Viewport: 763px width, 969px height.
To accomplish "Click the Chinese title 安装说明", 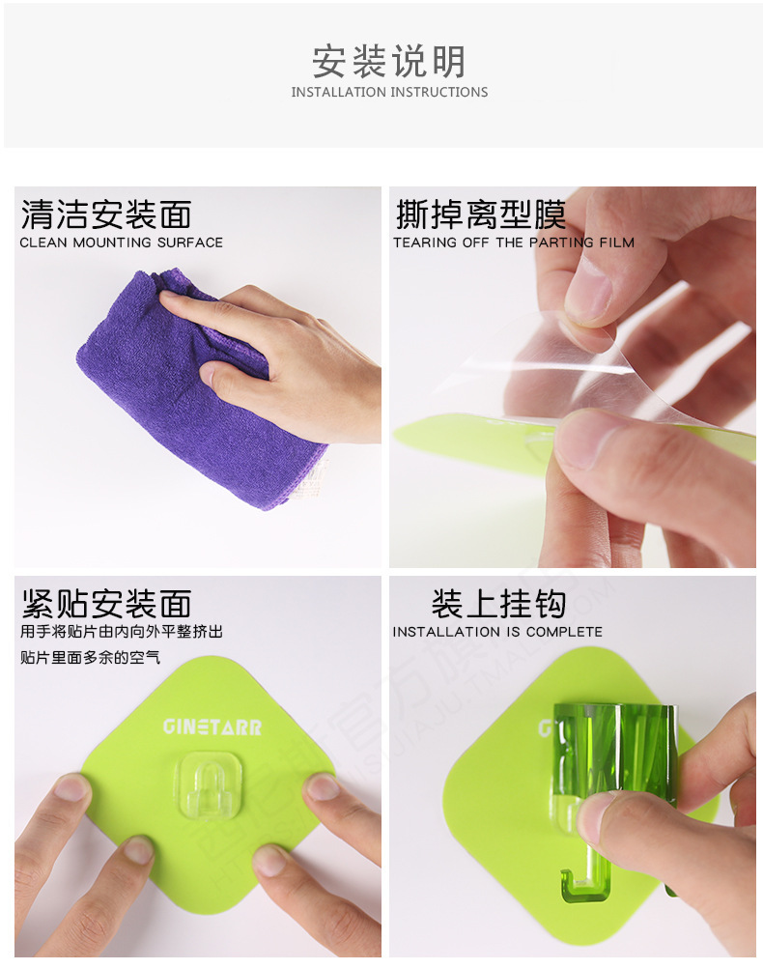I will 388,61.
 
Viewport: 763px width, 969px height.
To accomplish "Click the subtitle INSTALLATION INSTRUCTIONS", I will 389,93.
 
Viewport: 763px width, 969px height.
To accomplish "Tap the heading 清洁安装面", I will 106,214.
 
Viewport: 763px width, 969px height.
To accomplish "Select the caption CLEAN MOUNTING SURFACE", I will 121,242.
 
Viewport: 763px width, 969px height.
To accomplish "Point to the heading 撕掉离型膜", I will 480,214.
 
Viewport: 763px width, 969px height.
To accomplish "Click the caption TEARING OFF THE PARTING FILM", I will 513,242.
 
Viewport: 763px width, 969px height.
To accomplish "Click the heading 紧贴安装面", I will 106,604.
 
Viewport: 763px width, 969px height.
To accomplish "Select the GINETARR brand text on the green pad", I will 212,727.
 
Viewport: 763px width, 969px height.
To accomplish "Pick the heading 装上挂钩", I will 498,604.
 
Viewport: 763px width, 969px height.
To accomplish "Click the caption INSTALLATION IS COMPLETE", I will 496,632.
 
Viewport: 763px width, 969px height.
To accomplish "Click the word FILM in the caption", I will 616,242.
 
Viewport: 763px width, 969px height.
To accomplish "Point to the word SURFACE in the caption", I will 188,242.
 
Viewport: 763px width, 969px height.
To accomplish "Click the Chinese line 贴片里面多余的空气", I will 90,658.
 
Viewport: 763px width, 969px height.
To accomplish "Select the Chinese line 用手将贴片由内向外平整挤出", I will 121,632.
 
